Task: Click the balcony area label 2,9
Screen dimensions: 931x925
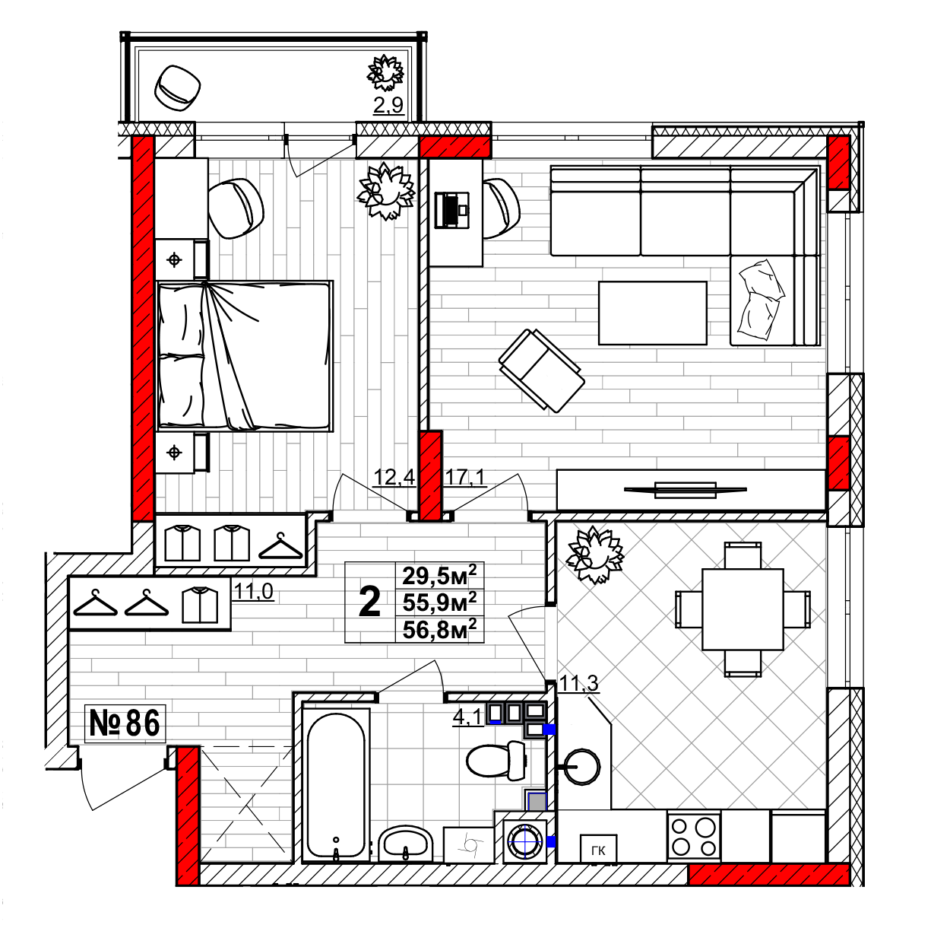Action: pyautogui.click(x=388, y=105)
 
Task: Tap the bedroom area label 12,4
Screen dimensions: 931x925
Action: pyautogui.click(x=394, y=477)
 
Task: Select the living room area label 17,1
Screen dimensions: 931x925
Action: pyautogui.click(x=465, y=477)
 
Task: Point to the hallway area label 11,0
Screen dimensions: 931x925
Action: pyautogui.click(x=254, y=591)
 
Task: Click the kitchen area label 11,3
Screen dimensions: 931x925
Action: pyautogui.click(x=579, y=684)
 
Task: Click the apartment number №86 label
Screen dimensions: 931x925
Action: pyautogui.click(x=125, y=723)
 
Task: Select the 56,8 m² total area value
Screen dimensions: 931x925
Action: pyautogui.click(x=439, y=630)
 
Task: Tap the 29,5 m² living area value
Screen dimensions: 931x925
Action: pyautogui.click(x=439, y=575)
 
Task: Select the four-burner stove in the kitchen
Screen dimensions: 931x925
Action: pyautogui.click(x=694, y=837)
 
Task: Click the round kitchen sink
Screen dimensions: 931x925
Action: pyautogui.click(x=581, y=767)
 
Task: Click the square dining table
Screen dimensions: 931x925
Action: pyautogui.click(x=743, y=609)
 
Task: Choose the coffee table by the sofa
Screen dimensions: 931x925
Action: pyautogui.click(x=653, y=313)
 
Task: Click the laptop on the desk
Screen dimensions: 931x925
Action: pyautogui.click(x=452, y=210)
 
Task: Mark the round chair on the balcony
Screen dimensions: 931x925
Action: pyautogui.click(x=177, y=88)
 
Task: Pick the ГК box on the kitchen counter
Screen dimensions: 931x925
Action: pyautogui.click(x=598, y=850)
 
